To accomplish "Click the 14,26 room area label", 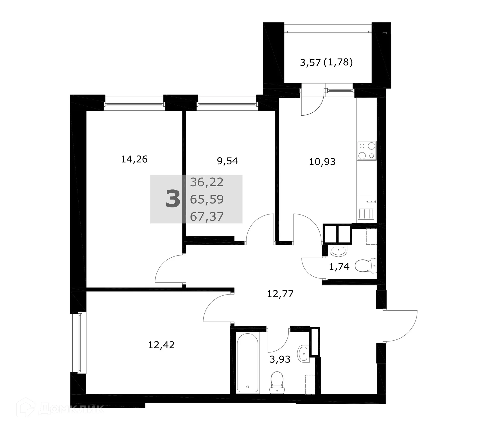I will click(134, 159).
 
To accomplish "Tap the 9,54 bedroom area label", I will click(227, 161).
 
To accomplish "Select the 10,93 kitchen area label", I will click(322, 162).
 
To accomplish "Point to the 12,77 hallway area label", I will click(280, 294).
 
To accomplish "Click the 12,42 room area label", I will click(161, 345).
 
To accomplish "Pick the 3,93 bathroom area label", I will click(280, 359).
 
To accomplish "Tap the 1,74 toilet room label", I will click(339, 266).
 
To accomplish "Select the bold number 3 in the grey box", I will click(173, 199).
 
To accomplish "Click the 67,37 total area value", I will click(207, 217).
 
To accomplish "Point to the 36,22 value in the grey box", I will click(207, 182).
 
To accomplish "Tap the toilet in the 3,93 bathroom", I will click(277, 383).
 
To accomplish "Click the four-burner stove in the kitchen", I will click(367, 151).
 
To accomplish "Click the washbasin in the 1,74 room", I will click(338, 251).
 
